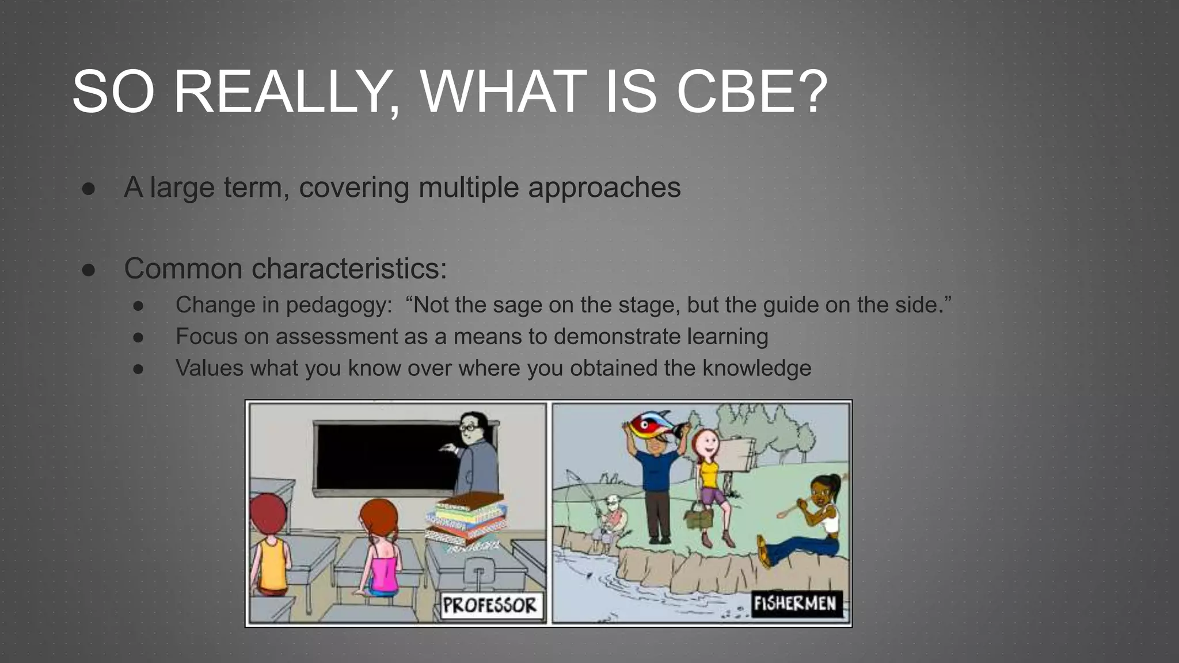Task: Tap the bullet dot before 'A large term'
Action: (89, 189)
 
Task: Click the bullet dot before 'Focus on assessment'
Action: (138, 337)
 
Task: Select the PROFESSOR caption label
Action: (490, 605)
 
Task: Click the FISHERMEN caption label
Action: (795, 604)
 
